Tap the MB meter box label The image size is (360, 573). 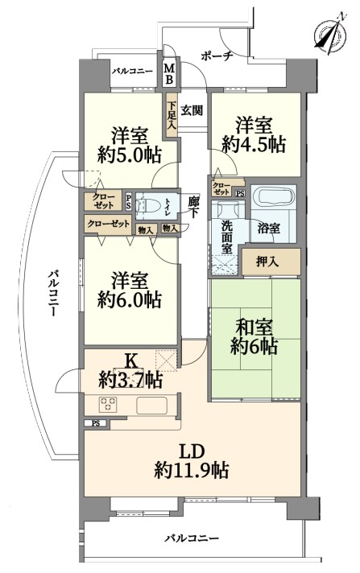(x=169, y=74)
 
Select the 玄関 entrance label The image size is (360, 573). (x=192, y=110)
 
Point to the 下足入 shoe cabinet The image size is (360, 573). (x=172, y=115)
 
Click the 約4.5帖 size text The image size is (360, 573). (x=254, y=145)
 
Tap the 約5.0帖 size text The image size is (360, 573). (x=129, y=155)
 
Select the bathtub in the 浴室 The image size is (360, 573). (x=274, y=199)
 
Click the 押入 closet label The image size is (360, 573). (x=267, y=262)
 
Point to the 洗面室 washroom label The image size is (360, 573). (x=227, y=237)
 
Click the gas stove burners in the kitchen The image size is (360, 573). (x=108, y=404)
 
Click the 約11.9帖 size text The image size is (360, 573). (x=192, y=470)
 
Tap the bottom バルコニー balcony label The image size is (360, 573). (x=192, y=538)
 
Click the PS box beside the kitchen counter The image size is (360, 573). (x=96, y=423)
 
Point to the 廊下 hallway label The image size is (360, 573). (x=193, y=208)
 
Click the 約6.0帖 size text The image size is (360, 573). (x=129, y=299)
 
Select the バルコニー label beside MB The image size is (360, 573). (x=132, y=71)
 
